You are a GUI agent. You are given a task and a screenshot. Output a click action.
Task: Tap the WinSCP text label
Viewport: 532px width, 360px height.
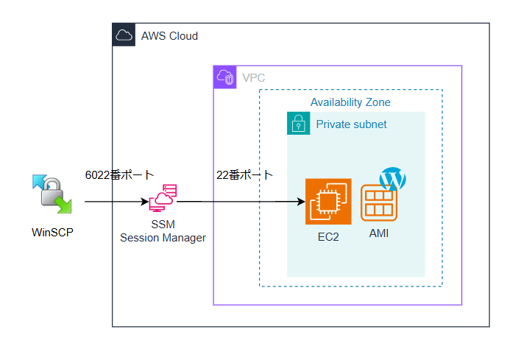pyautogui.click(x=53, y=233)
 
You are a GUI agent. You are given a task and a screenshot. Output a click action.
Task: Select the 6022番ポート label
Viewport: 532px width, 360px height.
pyautogui.click(x=120, y=174)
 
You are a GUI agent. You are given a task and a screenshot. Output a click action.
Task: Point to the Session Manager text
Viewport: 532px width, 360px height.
pyautogui.click(x=163, y=237)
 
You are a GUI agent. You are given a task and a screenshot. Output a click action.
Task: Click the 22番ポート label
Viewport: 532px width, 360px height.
pyautogui.click(x=244, y=175)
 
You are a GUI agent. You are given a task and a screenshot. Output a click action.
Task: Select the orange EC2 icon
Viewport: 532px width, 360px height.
pyautogui.click(x=328, y=201)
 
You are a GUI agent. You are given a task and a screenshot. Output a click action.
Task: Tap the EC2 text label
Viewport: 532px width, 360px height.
pyautogui.click(x=328, y=237)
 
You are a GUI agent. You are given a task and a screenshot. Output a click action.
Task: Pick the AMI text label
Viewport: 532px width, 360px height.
pyautogui.click(x=379, y=233)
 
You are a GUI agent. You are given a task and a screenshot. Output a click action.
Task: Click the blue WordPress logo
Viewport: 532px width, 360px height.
pyautogui.click(x=393, y=180)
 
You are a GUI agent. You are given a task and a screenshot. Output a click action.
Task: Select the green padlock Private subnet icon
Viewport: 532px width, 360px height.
pyautogui.click(x=298, y=124)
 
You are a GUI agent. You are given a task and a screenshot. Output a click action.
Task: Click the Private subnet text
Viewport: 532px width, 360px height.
pyautogui.click(x=351, y=124)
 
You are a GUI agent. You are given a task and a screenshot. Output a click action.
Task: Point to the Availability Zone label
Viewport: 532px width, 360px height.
pyautogui.click(x=350, y=102)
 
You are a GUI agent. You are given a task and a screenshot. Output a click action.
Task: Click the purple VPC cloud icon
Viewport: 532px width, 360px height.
pyautogui.click(x=225, y=77)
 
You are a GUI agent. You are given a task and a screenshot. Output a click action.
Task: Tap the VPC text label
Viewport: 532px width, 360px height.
pyautogui.click(x=254, y=77)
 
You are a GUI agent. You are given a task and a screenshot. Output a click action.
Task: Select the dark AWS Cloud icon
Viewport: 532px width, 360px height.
pyautogui.click(x=124, y=35)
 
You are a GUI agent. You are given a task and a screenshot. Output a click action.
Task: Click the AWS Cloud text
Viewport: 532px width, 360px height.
pyautogui.click(x=169, y=35)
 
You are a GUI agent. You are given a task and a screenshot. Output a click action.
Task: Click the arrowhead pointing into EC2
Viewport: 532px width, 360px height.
pyautogui.click(x=301, y=201)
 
